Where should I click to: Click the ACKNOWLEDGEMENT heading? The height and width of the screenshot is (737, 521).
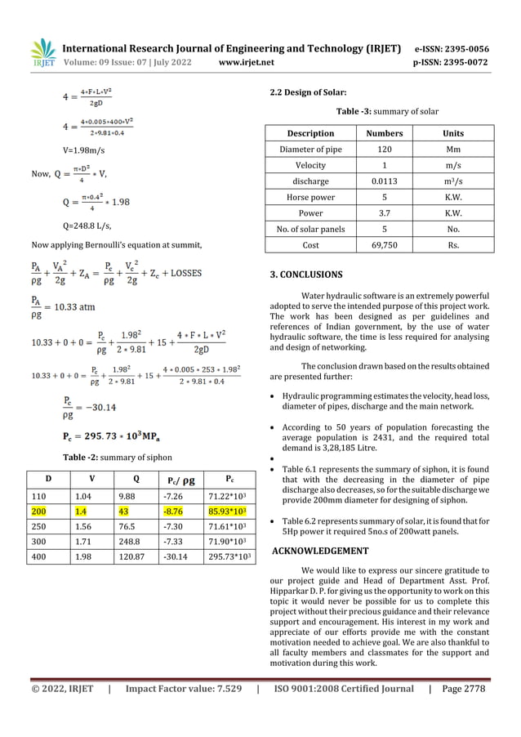pyautogui.click(x=318, y=551)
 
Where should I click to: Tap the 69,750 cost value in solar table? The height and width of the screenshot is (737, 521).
pyautogui.click(x=378, y=245)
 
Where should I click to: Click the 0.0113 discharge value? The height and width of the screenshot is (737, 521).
pyautogui.click(x=378, y=181)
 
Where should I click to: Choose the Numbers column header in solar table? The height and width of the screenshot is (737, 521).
pyautogui.click(x=378, y=133)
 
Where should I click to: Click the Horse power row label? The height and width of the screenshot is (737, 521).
pyautogui.click(x=310, y=197)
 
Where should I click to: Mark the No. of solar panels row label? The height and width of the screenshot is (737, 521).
pyautogui.click(x=310, y=229)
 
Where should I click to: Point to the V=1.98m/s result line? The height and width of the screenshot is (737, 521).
pyautogui.click(x=84, y=150)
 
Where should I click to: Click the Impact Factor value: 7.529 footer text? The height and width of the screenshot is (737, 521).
pyautogui.click(x=182, y=689)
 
